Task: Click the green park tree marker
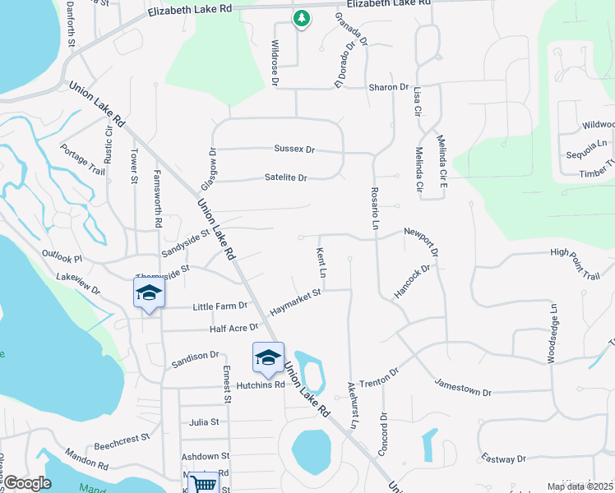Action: pos(302,18)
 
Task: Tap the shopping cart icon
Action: pos(203,484)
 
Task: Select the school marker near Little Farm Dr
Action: pos(149,293)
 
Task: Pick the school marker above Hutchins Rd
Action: pos(268,357)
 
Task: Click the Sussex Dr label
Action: pos(294,150)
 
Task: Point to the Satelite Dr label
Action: pos(285,177)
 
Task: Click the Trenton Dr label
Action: pos(380,376)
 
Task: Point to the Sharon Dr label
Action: pos(388,87)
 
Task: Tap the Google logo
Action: pos(28,484)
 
